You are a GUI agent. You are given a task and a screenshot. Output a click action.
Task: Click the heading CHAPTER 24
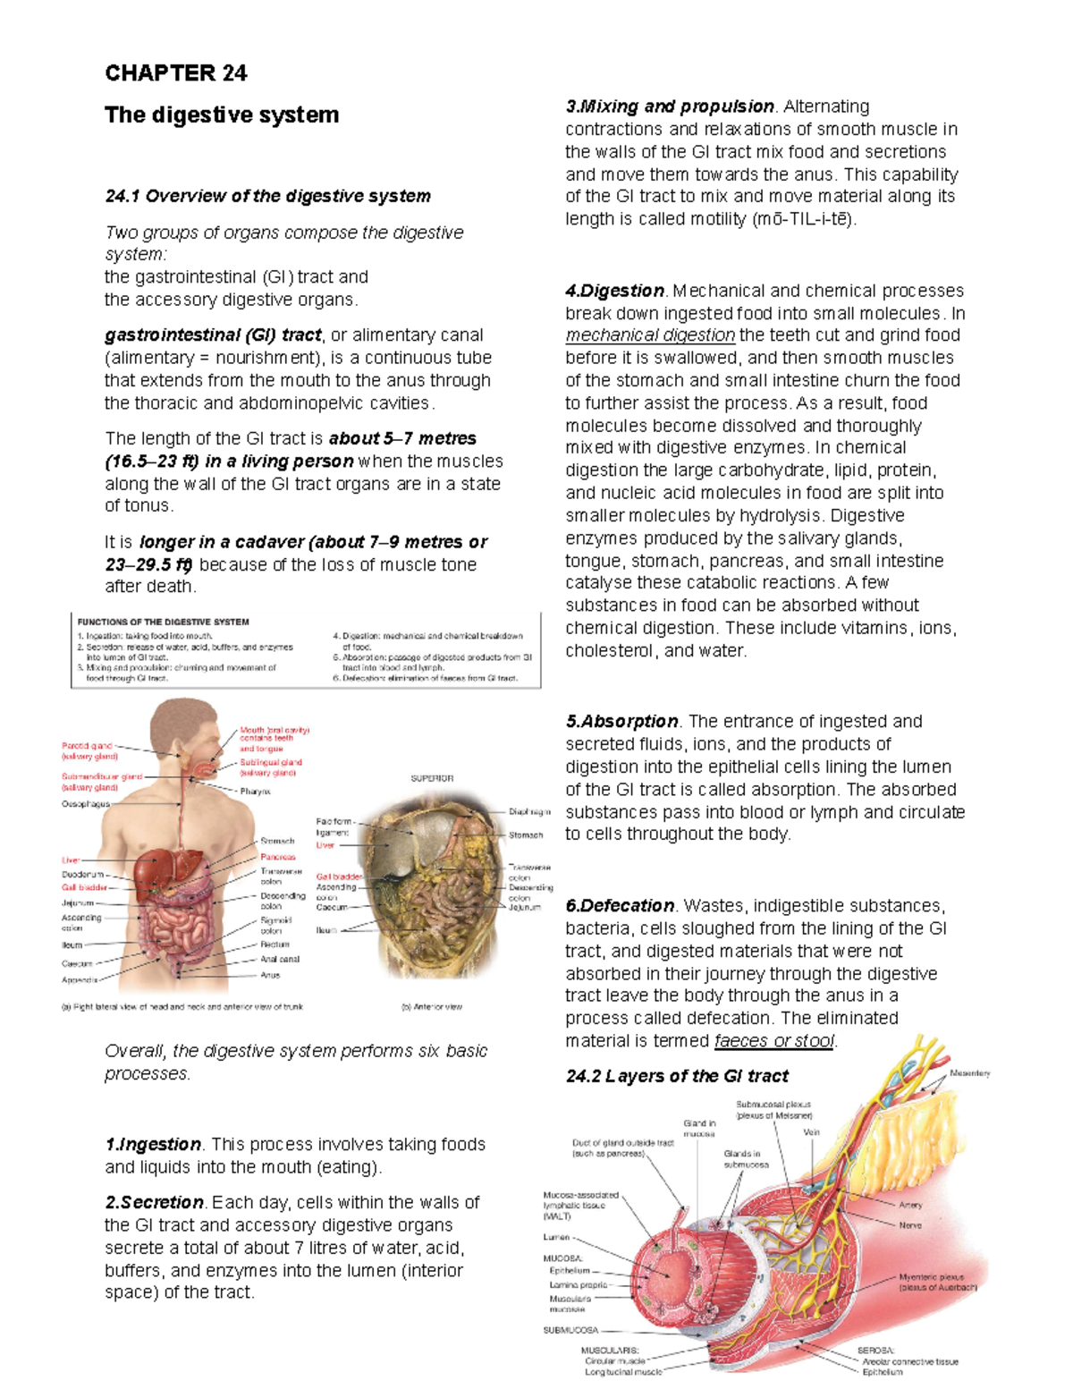click(x=175, y=73)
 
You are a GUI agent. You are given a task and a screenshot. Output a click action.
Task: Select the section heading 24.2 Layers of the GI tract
click(x=677, y=1076)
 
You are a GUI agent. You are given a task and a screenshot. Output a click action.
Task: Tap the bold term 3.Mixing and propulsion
click(x=670, y=106)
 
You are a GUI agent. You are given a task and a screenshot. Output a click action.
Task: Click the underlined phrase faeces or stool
click(x=774, y=1041)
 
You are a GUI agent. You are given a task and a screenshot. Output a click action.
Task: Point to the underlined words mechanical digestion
click(x=650, y=335)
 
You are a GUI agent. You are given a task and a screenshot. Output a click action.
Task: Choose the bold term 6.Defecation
click(x=620, y=905)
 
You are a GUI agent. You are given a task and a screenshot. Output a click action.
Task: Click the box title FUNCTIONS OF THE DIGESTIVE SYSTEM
click(x=163, y=622)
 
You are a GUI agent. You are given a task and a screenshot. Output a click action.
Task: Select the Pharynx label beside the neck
click(x=255, y=792)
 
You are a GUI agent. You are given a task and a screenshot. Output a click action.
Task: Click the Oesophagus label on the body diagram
click(x=85, y=804)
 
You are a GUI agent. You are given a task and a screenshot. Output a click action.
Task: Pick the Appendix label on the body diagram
click(x=79, y=979)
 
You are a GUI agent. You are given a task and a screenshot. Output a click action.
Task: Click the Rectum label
click(x=275, y=944)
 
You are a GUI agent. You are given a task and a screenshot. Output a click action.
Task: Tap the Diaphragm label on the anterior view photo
click(x=528, y=812)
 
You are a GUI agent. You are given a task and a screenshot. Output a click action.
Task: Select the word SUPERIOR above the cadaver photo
click(x=432, y=778)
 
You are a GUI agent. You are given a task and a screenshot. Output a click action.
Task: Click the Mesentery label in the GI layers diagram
click(x=969, y=1073)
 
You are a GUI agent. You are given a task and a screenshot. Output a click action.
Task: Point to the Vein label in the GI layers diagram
click(x=811, y=1132)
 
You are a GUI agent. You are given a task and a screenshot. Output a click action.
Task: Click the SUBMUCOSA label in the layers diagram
click(x=570, y=1330)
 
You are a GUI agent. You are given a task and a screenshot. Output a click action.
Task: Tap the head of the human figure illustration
click(x=183, y=729)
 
